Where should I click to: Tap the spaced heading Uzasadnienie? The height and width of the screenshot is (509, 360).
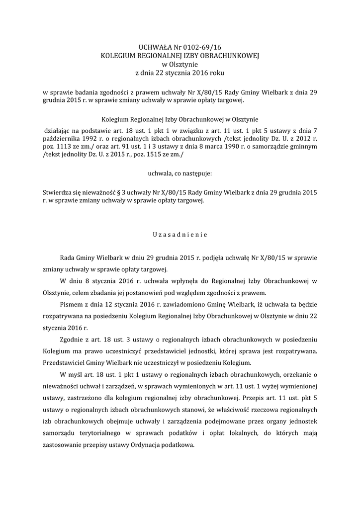click(x=180, y=233)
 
